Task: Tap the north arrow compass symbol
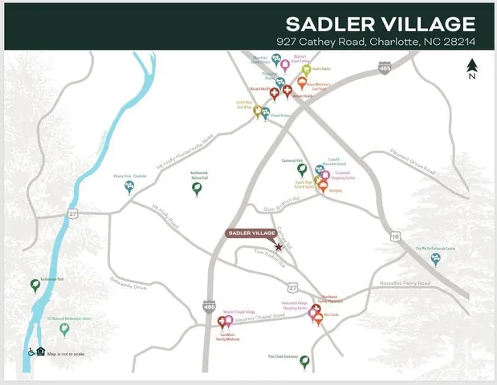[472, 67]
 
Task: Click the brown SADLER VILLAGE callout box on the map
[251, 233]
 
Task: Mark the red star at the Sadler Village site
[279, 246]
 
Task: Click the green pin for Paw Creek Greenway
[304, 361]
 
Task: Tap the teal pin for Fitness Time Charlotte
[128, 187]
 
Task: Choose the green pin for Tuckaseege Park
[35, 284]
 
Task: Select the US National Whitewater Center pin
[64, 328]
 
